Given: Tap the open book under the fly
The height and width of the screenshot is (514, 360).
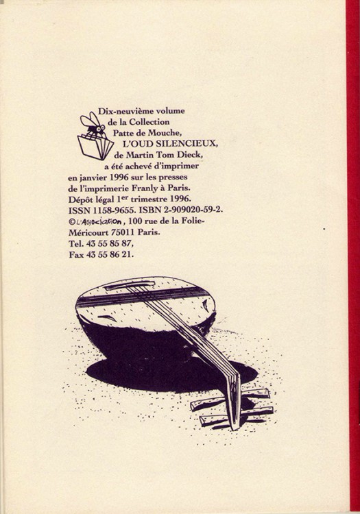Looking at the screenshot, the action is tap(95, 145).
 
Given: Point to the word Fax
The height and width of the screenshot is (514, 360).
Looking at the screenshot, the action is tap(76, 255).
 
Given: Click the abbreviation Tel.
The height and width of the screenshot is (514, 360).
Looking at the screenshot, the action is tap(75, 244).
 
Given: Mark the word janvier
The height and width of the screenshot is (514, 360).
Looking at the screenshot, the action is tap(95, 178).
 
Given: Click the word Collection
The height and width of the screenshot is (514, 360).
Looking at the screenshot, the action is tap(149, 122).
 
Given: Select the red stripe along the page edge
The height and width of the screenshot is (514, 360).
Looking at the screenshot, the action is tap(352, 257).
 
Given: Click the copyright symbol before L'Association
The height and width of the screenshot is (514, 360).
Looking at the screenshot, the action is tap(71, 222).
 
